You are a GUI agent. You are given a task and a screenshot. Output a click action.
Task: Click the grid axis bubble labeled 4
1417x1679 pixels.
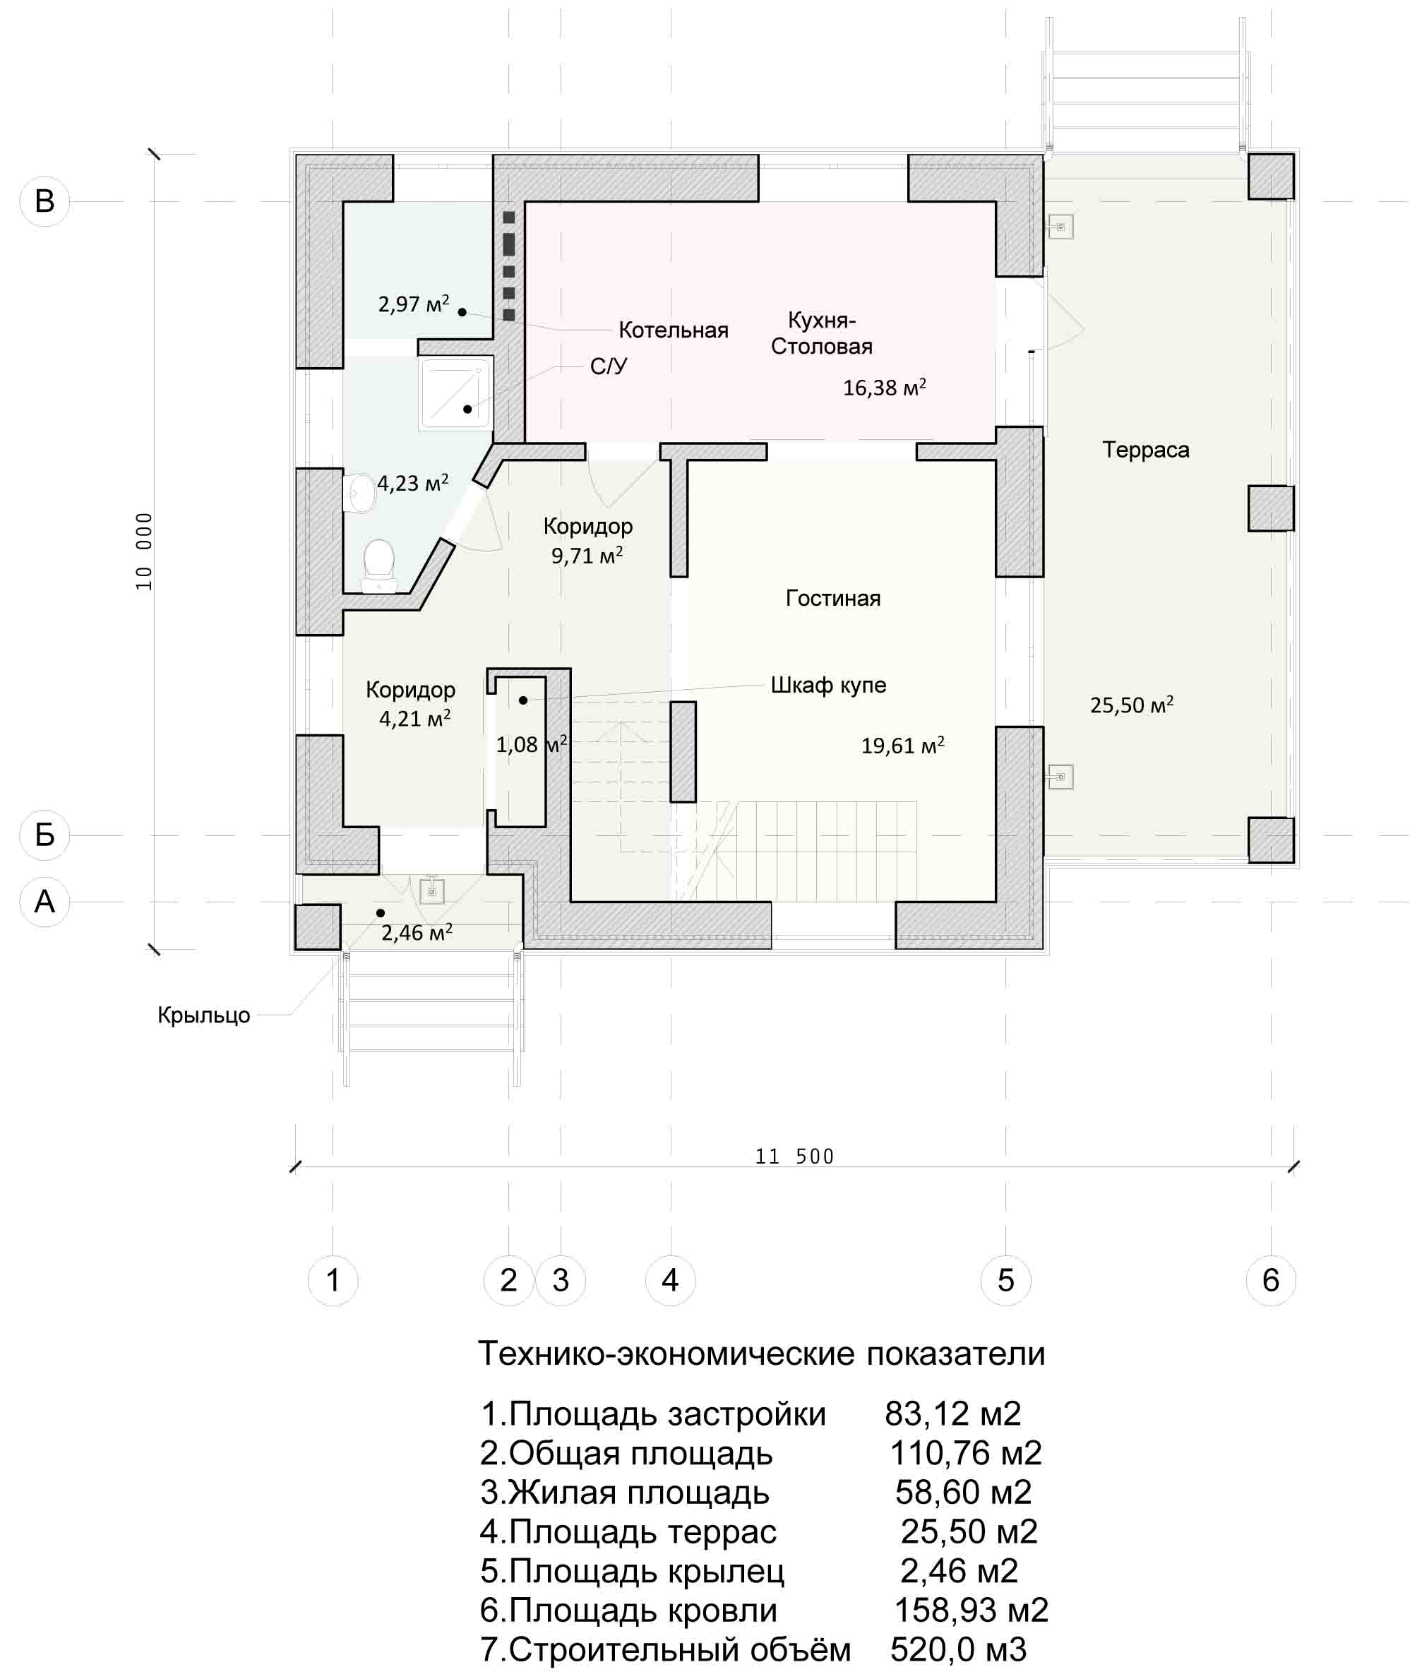(670, 1281)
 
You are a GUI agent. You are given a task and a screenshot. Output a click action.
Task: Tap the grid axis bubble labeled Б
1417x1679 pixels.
(44, 835)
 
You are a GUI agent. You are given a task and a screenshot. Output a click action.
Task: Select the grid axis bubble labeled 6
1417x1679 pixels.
(1271, 1281)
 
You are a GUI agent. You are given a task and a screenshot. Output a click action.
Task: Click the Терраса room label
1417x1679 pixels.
(1145, 449)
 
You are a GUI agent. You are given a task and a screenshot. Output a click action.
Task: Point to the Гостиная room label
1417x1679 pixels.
(833, 598)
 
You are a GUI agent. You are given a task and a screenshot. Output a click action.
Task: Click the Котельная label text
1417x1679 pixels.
(673, 330)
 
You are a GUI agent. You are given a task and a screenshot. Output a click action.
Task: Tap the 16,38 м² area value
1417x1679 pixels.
(885, 387)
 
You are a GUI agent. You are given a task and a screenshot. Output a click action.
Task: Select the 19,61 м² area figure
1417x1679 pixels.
(903, 745)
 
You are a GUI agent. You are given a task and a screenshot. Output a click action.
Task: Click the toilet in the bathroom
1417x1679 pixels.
(379, 566)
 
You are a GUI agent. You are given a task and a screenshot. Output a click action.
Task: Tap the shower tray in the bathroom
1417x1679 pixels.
(455, 392)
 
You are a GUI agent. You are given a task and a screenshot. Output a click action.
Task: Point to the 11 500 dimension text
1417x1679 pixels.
(794, 1156)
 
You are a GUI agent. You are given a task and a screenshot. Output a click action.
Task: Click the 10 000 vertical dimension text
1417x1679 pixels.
(144, 551)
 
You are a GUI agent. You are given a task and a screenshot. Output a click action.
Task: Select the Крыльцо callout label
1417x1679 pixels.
(204, 1015)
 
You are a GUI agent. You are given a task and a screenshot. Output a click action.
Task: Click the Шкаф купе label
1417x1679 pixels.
(828, 686)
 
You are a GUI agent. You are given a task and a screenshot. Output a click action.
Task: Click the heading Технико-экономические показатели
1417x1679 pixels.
(762, 1354)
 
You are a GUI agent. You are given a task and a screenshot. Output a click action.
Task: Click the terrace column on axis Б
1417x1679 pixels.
(1271, 839)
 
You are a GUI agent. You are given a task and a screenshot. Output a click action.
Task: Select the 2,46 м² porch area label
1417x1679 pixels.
(416, 932)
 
